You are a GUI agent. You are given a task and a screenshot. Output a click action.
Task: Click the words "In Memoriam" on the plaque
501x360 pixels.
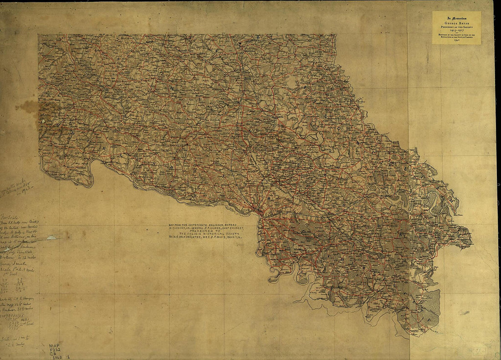click(456, 15)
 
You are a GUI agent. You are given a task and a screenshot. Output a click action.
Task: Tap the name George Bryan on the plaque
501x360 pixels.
click(456, 21)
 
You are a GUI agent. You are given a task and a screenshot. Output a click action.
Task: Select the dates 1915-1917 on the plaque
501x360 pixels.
click(456, 29)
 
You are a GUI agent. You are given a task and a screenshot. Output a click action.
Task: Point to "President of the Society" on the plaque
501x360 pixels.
click(456, 25)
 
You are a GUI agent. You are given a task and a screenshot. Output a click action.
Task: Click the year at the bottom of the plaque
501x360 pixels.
click(456, 41)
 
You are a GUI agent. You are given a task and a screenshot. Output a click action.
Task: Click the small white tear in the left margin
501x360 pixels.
click(51, 237)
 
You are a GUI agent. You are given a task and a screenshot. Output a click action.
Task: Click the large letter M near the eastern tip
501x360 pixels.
click(451, 199)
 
